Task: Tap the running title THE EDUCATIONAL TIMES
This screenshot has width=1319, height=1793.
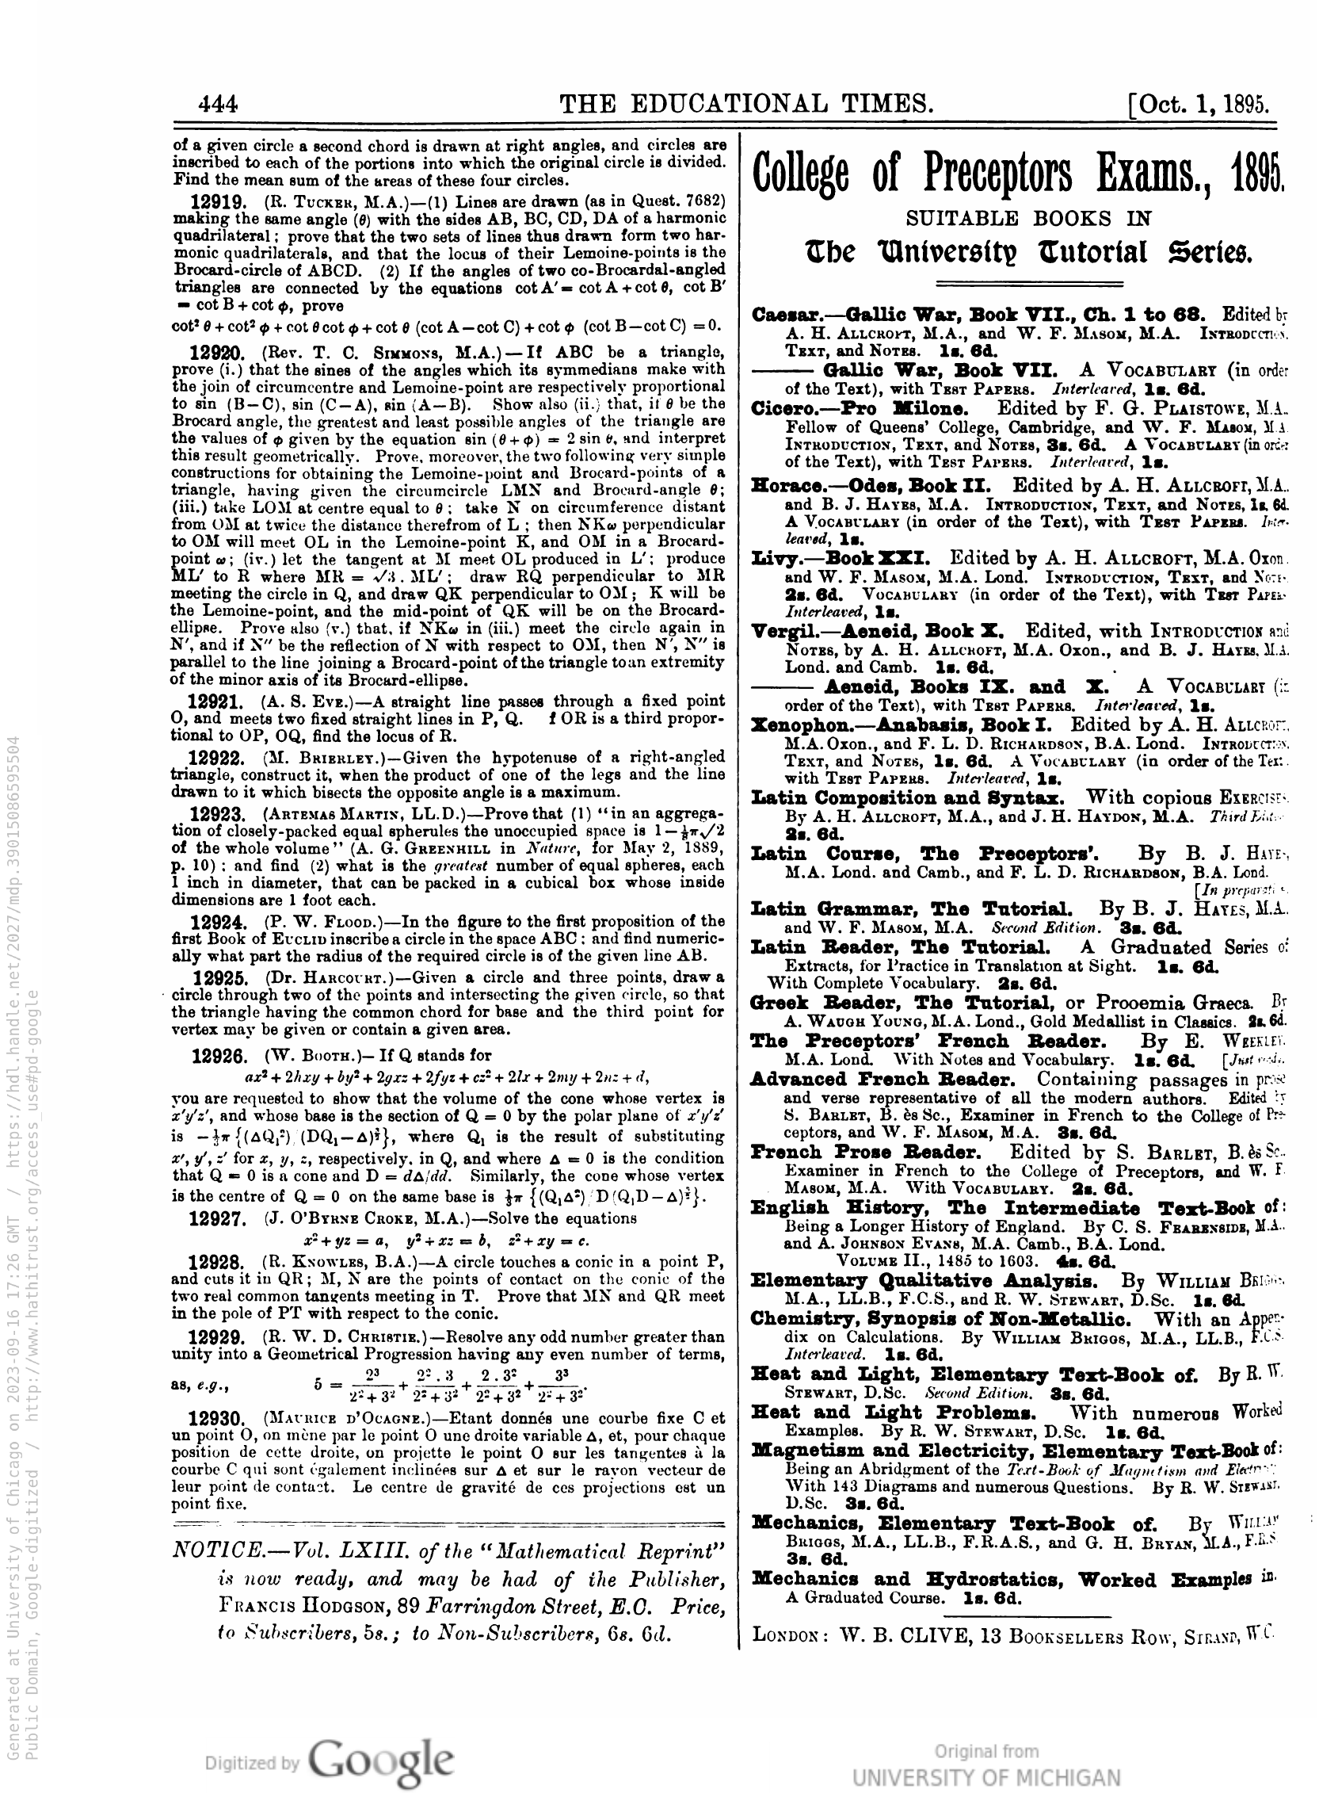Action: [745, 104]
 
